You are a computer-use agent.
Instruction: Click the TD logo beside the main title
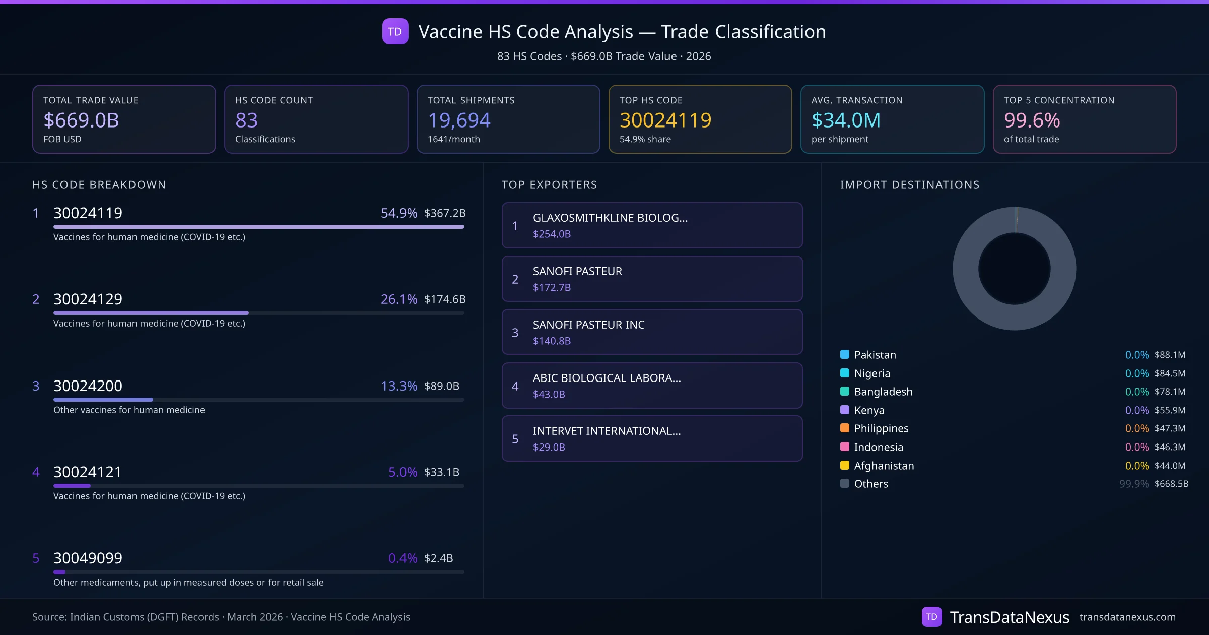pyautogui.click(x=395, y=32)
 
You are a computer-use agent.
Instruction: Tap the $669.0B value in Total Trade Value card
pyautogui.click(x=81, y=120)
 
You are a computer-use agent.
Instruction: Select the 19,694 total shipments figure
pyautogui.click(x=459, y=120)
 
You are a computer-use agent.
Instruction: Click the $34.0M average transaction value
pyautogui.click(x=846, y=120)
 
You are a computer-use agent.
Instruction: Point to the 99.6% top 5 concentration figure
pyautogui.click(x=1032, y=120)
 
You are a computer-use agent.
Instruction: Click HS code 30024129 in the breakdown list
pyautogui.click(x=88, y=299)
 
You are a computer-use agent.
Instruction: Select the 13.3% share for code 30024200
pyautogui.click(x=398, y=386)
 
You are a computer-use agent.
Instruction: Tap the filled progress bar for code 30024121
pyautogui.click(x=72, y=486)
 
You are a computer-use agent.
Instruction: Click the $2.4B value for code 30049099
pyautogui.click(x=438, y=558)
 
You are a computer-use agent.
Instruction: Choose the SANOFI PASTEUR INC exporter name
pyautogui.click(x=588, y=325)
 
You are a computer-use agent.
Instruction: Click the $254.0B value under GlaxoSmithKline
pyautogui.click(x=552, y=234)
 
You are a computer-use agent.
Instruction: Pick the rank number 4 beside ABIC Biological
pyautogui.click(x=515, y=386)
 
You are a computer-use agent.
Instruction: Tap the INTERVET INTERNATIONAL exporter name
pyautogui.click(x=607, y=431)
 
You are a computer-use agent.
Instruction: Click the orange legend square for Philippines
pyautogui.click(x=845, y=428)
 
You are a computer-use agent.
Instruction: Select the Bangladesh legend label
pyautogui.click(x=883, y=392)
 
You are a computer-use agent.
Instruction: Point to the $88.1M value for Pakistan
pyautogui.click(x=1170, y=355)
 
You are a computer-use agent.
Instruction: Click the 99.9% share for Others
pyautogui.click(x=1133, y=484)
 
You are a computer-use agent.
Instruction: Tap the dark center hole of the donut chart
pyautogui.click(x=1014, y=269)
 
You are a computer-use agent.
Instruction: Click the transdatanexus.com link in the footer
pyautogui.click(x=1127, y=617)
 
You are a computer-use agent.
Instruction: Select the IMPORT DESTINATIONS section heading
pyautogui.click(x=909, y=185)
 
